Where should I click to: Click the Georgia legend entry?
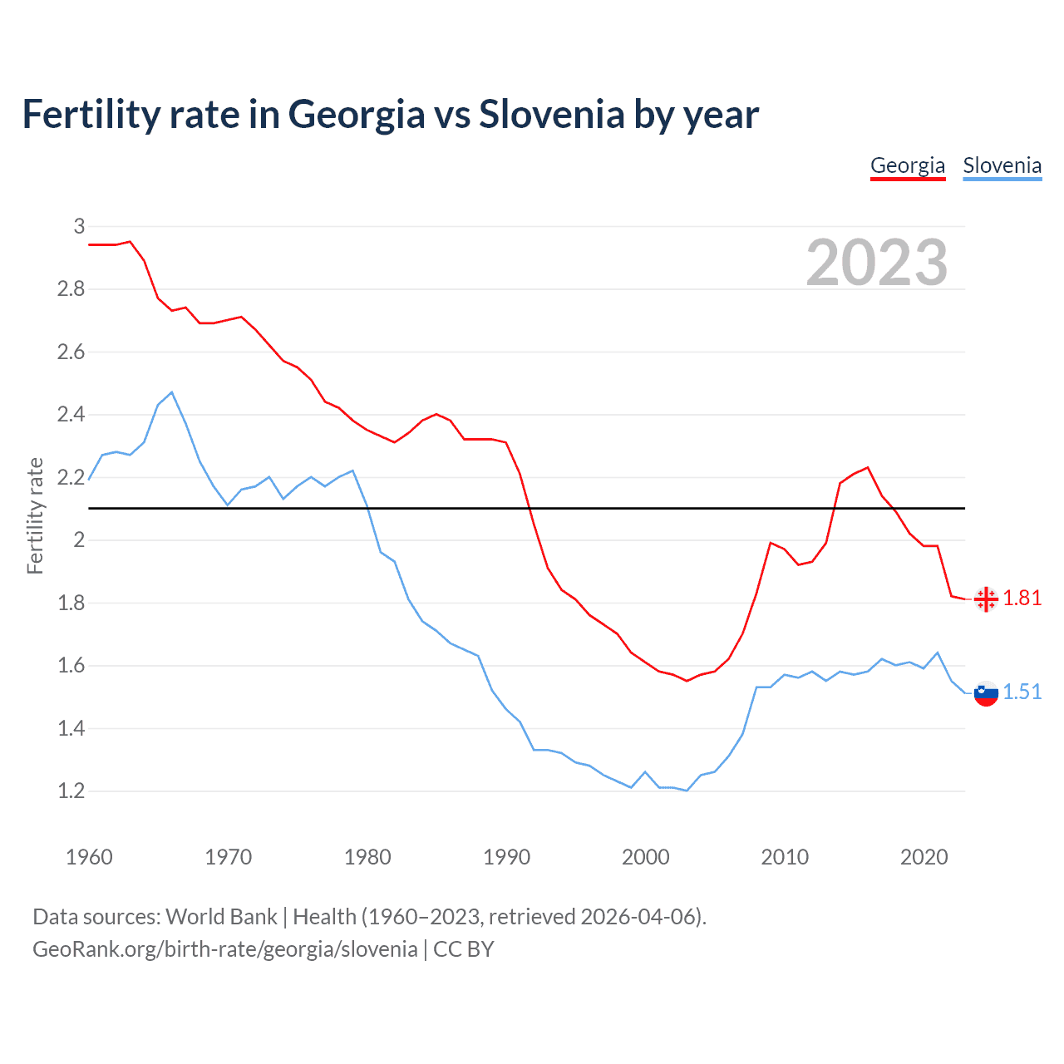[907, 165]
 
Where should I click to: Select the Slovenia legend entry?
[1002, 165]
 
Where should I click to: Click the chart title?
[390, 114]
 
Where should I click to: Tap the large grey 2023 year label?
[876, 263]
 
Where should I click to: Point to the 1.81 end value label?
[1022, 598]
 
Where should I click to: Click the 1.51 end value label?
[1022, 692]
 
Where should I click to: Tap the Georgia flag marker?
[986, 598]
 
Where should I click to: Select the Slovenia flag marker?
[986, 693]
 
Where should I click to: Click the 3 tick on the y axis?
[79, 226]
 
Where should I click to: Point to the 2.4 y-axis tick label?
[71, 414]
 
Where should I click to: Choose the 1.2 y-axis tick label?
[71, 791]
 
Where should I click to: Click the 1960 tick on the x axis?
[89, 857]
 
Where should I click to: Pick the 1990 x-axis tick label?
[506, 857]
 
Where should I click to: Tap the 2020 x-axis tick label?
[924, 857]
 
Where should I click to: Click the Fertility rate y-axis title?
[35, 515]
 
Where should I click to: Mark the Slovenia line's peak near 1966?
[172, 392]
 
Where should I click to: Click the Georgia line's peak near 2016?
[868, 467]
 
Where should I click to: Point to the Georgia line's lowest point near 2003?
[687, 681]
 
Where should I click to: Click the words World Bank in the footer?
[221, 916]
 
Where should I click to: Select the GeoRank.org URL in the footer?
[224, 948]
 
